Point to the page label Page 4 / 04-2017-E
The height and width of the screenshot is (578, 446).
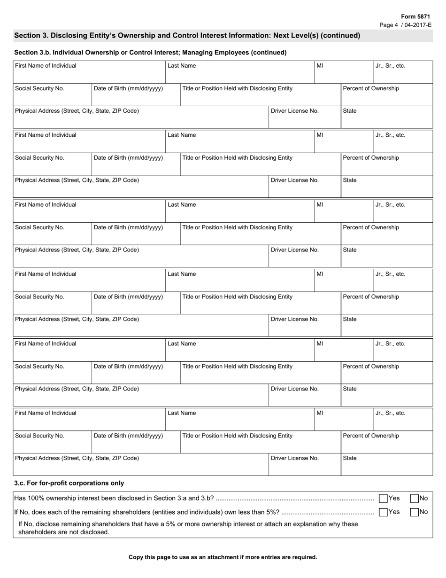(405, 25)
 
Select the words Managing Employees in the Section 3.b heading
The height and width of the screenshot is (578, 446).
(212, 53)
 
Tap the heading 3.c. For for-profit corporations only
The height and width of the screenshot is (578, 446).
(69, 483)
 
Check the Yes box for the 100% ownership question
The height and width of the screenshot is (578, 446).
(383, 499)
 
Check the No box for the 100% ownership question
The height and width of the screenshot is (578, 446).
(414, 499)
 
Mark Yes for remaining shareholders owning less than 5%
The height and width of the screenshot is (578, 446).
(383, 512)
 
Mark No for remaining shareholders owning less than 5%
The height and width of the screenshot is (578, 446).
(414, 512)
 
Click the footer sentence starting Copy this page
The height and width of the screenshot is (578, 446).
(223, 557)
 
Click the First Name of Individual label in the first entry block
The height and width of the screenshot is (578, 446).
(46, 66)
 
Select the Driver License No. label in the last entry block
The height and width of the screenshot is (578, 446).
(295, 458)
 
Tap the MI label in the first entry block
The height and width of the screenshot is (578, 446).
(320, 66)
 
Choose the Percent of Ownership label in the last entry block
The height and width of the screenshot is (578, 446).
(371, 436)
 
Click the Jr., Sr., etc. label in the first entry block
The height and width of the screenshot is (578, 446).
(390, 66)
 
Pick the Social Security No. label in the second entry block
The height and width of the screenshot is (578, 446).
(39, 158)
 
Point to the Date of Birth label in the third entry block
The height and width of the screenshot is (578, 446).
(128, 227)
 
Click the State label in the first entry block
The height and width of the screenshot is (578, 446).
(350, 111)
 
